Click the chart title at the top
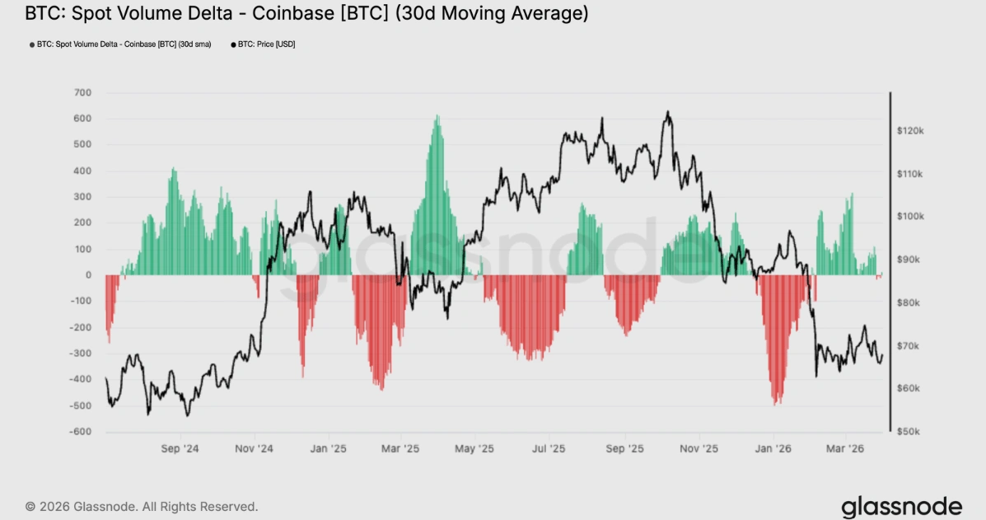(306, 14)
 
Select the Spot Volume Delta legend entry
(124, 44)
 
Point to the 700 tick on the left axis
(82, 92)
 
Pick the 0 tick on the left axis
(87, 275)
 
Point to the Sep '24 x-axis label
(180, 449)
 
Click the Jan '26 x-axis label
(773, 449)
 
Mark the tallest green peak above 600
(437, 116)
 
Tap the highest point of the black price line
(667, 112)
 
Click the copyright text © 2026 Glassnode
(142, 506)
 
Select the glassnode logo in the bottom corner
(901, 505)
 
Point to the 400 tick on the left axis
(82, 171)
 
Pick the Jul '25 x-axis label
(549, 449)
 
